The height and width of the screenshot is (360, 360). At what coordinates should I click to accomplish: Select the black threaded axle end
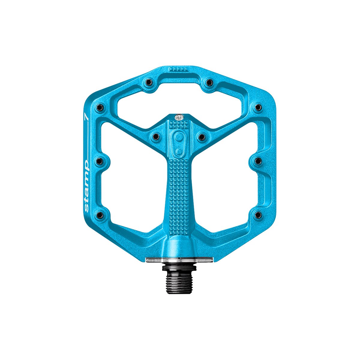(x=179, y=283)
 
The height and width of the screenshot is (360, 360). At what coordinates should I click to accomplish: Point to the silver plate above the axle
(x=179, y=260)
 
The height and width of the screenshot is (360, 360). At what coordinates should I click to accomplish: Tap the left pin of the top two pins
(x=148, y=82)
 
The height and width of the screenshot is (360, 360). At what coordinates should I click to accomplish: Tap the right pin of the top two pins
(x=209, y=82)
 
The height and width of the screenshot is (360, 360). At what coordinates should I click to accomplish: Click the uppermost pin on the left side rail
(x=100, y=107)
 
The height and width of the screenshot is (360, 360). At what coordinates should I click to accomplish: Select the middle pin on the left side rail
(x=100, y=161)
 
